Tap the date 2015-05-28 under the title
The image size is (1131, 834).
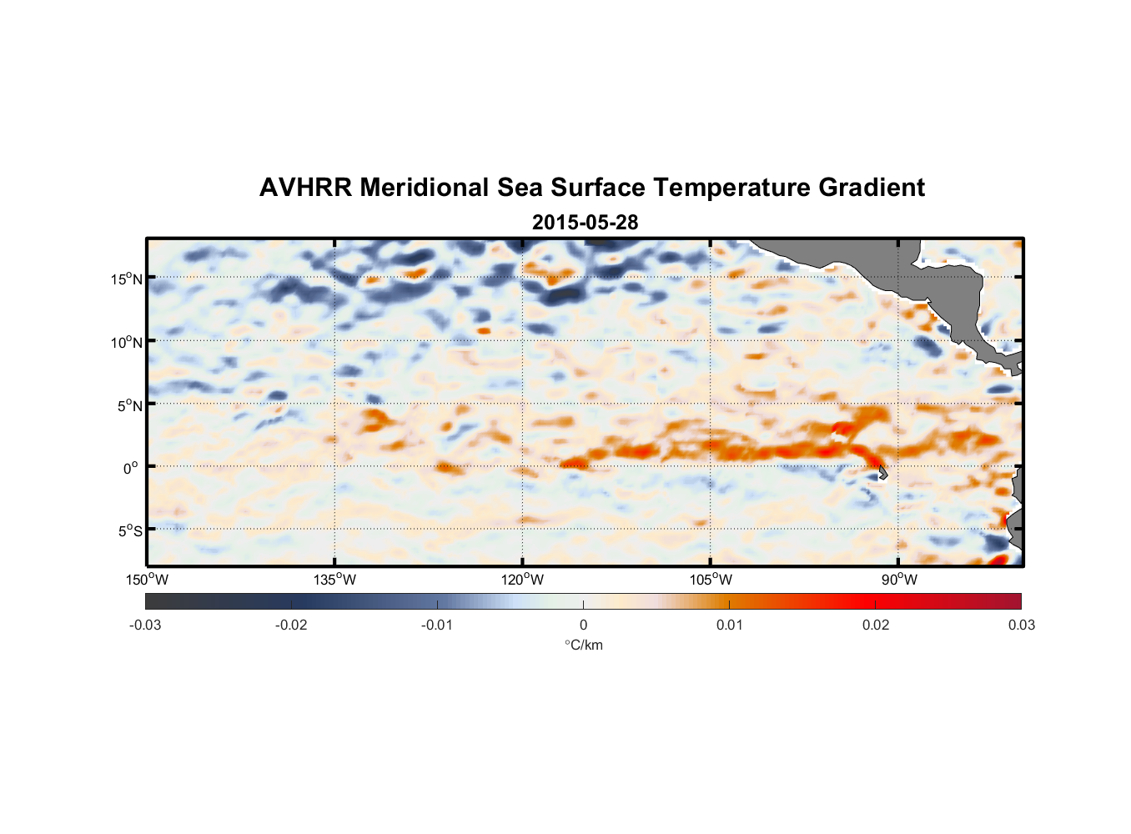coord(585,223)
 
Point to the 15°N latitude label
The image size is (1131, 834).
coord(127,279)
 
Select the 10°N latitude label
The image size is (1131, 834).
coord(127,342)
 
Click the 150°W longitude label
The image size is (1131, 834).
coord(147,580)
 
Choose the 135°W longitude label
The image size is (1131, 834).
coord(334,580)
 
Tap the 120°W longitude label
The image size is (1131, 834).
coord(522,580)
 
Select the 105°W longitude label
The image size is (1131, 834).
coord(711,580)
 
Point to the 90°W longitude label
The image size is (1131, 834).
coord(898,580)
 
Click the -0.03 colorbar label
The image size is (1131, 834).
coord(145,625)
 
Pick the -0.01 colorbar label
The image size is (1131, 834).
coord(437,625)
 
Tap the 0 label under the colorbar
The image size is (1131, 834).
coord(583,625)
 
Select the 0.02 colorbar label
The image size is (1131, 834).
coord(876,625)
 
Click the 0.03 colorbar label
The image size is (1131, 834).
coord(1021,625)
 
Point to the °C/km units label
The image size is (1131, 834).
coord(583,645)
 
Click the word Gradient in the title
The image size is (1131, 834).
coord(872,188)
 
